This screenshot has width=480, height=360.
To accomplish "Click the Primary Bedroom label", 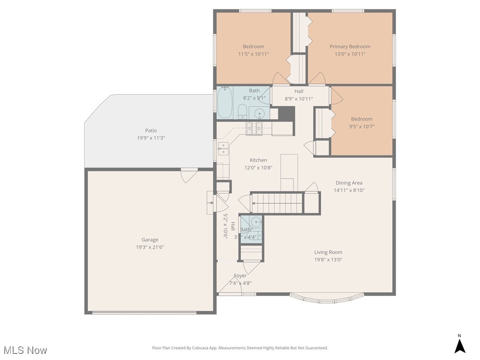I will coord(350,46).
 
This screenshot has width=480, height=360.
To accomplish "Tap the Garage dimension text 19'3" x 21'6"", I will coord(150,247).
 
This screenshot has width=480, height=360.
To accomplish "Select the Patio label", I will coord(150,130).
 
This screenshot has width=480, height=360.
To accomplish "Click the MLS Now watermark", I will coord(25,350).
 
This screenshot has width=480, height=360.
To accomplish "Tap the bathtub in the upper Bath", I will coord(225,103).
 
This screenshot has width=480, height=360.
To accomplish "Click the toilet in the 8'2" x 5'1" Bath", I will coord(242,112).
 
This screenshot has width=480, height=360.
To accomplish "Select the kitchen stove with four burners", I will coord(255,128).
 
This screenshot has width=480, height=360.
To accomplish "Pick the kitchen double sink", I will coord(223,149).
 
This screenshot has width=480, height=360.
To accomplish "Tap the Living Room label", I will coord(328,252).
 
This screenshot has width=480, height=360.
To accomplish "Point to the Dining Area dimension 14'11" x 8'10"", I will coord(349,190).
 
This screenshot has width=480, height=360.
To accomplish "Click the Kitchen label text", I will coord(258,160).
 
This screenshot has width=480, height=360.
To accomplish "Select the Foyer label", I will coord(240,276).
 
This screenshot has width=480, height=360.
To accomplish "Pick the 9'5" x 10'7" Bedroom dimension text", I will coord(361,127).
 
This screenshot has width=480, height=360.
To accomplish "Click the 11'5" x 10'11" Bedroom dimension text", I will coord(253,54).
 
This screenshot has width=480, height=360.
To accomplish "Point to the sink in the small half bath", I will coord(255,222).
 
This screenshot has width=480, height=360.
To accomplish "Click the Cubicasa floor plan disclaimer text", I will coord(240,348).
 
